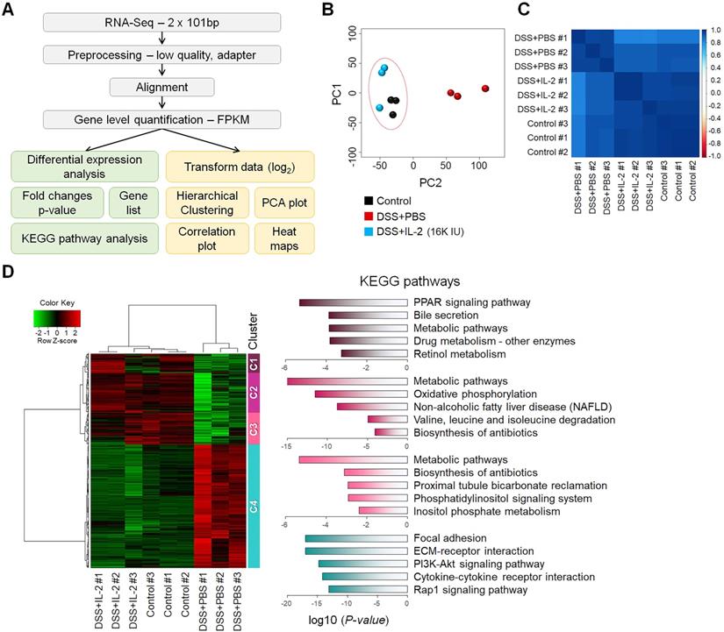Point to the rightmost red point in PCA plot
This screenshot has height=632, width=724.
coord(485,89)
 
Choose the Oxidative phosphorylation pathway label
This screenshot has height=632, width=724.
coord(477,394)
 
